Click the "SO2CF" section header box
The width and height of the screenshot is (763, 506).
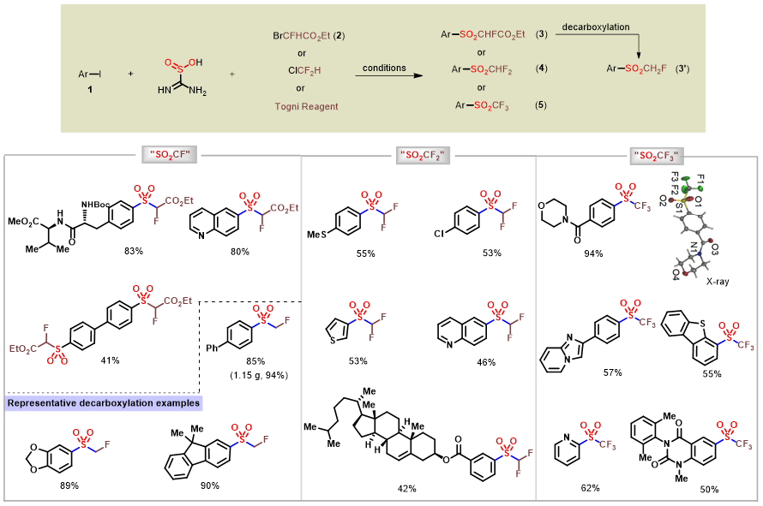(171, 155)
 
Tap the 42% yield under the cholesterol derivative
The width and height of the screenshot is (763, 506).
(407, 488)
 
